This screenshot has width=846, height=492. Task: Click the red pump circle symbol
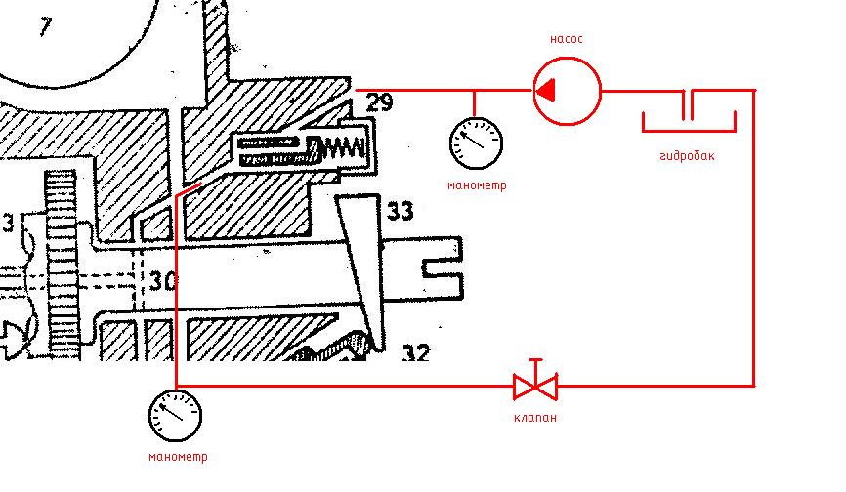(x=567, y=59)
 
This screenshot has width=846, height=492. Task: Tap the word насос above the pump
(x=567, y=39)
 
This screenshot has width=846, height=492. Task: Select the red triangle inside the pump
(x=545, y=91)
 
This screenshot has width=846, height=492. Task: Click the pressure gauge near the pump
(x=476, y=143)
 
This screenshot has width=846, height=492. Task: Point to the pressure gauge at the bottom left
(x=175, y=416)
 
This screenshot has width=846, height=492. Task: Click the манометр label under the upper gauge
(x=477, y=185)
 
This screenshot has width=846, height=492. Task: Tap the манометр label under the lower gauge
(x=178, y=457)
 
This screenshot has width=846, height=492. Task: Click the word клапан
(x=534, y=418)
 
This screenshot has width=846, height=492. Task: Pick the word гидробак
(x=687, y=156)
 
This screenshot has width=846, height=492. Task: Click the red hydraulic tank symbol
(x=689, y=121)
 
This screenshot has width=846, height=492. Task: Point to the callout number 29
(x=379, y=102)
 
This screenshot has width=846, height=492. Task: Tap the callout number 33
(x=400, y=211)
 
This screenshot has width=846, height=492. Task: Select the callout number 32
(x=415, y=353)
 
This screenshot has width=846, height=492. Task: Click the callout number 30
(x=161, y=281)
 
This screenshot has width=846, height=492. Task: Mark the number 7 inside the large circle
(x=46, y=25)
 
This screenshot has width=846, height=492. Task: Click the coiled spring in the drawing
(x=343, y=146)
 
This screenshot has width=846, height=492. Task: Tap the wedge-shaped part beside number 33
(x=360, y=269)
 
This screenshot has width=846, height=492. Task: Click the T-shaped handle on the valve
(x=535, y=360)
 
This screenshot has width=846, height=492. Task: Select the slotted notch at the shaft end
(x=442, y=269)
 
